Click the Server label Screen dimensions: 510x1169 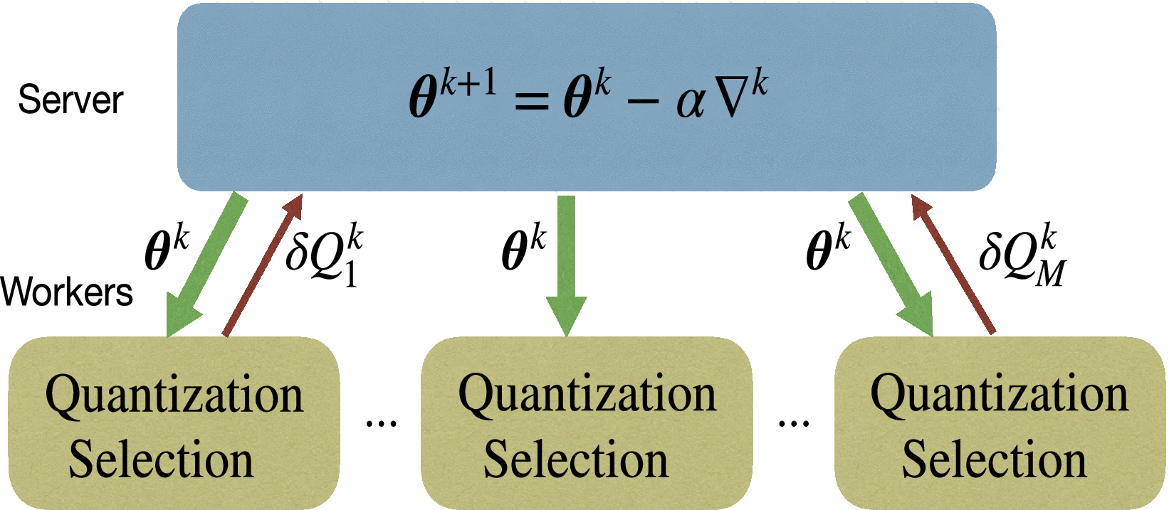70,100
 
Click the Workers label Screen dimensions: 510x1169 67,292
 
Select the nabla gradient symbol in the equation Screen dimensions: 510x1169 734,100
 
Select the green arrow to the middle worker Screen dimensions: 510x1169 566,263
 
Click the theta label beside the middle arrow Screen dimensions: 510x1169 523,249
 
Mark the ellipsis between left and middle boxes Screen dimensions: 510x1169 381,424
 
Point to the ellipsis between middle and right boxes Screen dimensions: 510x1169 793,424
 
